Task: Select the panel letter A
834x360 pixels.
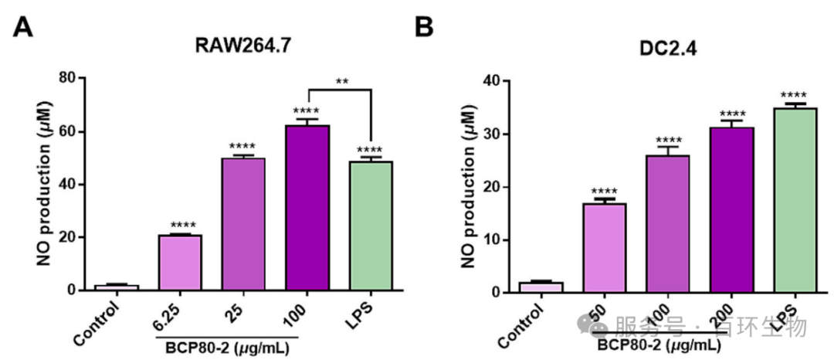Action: [x=25, y=29]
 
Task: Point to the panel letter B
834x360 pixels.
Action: [x=424, y=29]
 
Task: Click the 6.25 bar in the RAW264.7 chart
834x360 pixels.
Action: [x=180, y=263]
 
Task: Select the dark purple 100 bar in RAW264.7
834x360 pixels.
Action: [x=307, y=208]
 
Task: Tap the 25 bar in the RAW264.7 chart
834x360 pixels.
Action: [x=244, y=224]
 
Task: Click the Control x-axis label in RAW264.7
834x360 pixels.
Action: [x=97, y=324]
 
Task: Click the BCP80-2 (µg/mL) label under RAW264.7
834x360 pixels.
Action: [x=226, y=348]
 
